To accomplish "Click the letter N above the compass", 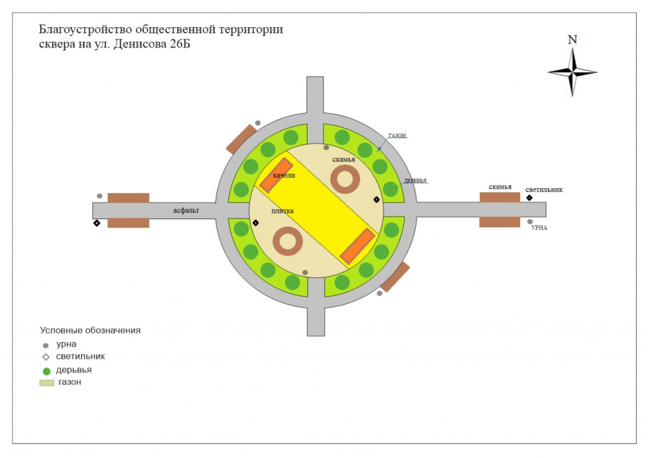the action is [572, 40].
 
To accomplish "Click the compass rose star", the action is [572, 72].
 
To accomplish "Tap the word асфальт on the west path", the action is [186, 210].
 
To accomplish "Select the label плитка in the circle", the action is [282, 211].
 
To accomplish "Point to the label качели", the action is [284, 175].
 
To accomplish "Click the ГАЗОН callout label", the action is [397, 136].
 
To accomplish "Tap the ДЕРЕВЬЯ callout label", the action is [415, 181].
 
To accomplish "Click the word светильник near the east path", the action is [544, 190].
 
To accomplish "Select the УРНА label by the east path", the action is [539, 228].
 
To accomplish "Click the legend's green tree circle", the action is [47, 371].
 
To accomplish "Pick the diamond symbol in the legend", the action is [46, 357].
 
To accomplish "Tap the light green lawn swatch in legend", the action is [47, 383].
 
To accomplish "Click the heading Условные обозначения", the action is [90, 330].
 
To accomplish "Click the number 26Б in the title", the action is [180, 44].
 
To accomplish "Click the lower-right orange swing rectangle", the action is [358, 246].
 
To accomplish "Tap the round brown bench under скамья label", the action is [345, 179].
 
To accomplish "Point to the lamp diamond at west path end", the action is [97, 224].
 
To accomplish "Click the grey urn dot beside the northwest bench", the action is [258, 123].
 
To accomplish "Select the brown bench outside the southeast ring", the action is [395, 277].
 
